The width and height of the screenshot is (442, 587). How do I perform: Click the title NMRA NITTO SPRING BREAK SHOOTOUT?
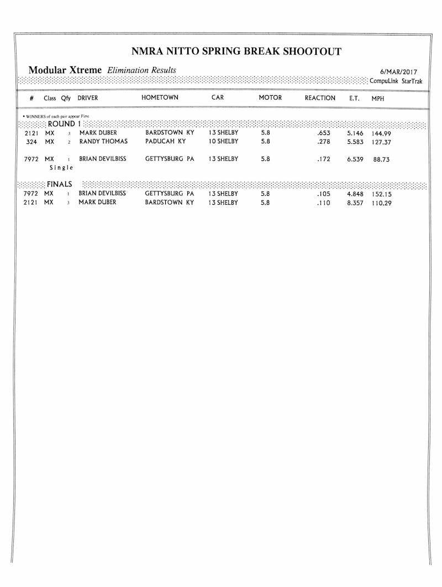(237, 52)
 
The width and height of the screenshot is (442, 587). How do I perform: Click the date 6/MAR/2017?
(399, 72)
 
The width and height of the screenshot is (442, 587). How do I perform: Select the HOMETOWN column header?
(160, 98)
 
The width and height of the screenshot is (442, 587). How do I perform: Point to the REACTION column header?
(320, 98)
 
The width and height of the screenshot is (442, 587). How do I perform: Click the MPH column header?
(378, 98)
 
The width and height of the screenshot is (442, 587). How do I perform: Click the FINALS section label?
(59, 184)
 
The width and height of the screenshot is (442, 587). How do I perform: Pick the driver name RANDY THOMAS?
(103, 142)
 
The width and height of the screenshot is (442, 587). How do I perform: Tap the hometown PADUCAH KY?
(165, 142)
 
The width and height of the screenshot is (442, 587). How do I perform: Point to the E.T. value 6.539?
(355, 159)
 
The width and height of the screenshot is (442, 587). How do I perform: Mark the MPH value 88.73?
(381, 159)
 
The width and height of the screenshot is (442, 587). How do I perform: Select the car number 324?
(31, 142)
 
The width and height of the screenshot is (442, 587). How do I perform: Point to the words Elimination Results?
(142, 70)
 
